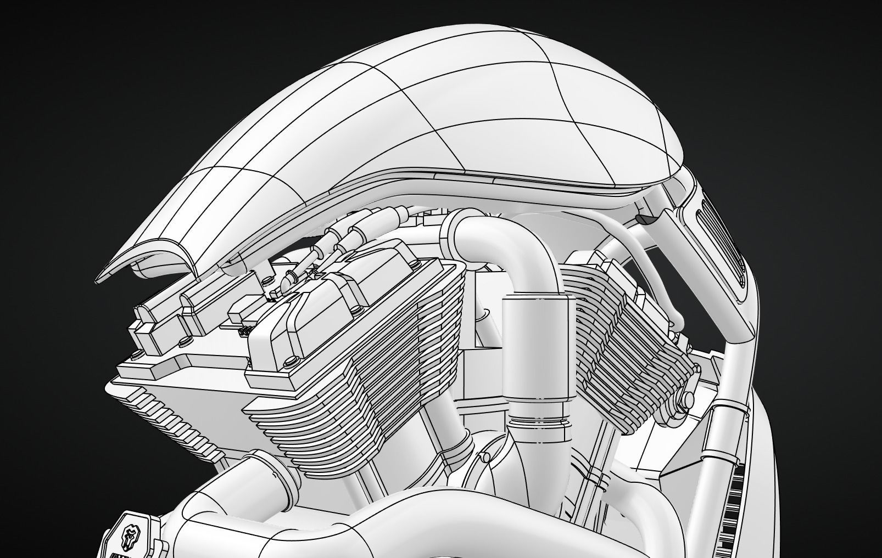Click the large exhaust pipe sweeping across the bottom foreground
coord(384,521)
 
